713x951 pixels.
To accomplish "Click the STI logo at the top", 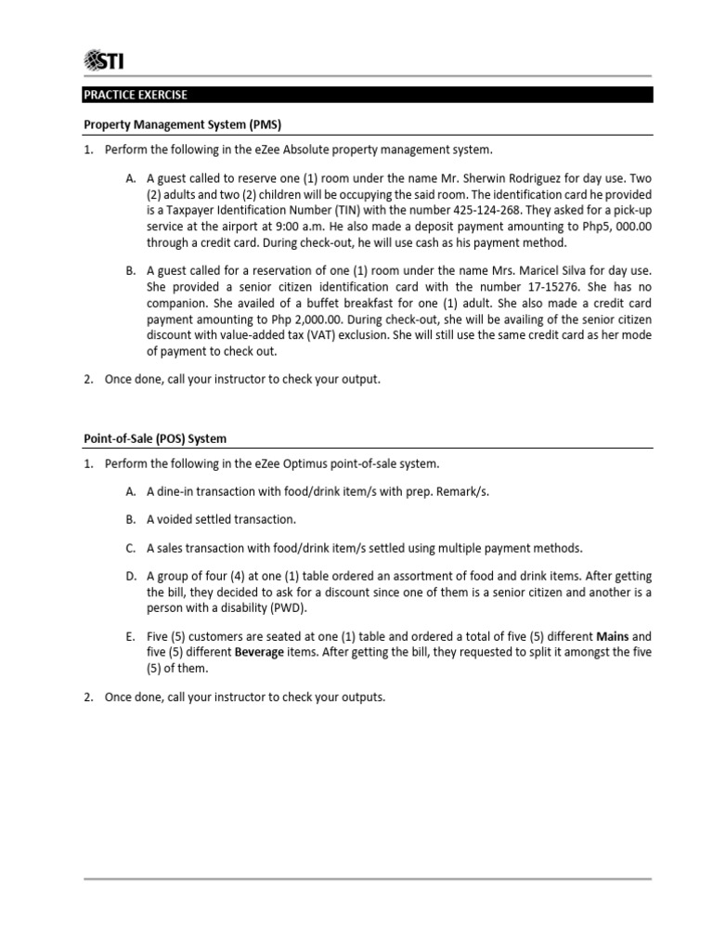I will (104, 62).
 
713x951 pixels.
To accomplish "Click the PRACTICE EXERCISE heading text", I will (136, 95).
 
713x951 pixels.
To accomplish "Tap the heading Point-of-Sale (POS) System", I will (156, 438).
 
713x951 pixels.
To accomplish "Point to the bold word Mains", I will (613, 637).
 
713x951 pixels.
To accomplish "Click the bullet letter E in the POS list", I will (131, 637).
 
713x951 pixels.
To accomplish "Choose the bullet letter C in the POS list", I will (131, 549).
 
